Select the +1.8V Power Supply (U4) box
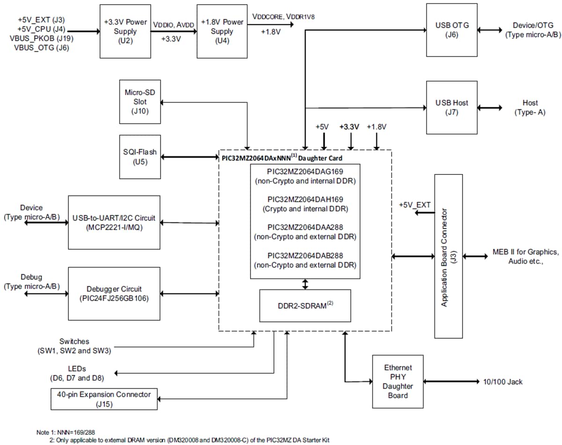point(222,31)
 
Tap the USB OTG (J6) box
point(452,30)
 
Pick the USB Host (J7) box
point(452,107)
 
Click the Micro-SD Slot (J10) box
point(136,101)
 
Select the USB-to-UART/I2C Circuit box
point(114,222)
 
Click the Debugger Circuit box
point(114,294)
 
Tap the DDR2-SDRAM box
point(305,305)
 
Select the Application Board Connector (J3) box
point(448,256)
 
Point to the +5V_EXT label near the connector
point(414,205)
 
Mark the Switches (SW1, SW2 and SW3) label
point(74,346)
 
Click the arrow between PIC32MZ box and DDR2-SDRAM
point(305,284)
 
